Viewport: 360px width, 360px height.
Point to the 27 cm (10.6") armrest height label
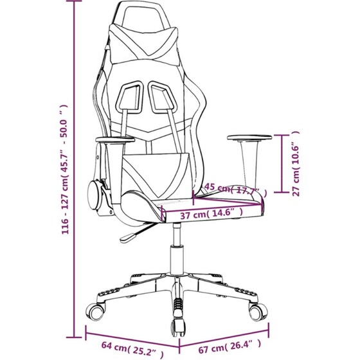[x=296, y=163]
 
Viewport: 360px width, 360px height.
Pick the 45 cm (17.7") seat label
[x=236, y=190]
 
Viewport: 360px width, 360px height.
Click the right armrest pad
[x=249, y=138]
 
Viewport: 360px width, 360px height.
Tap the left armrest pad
[x=115, y=139]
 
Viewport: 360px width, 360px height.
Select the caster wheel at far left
[x=96, y=312]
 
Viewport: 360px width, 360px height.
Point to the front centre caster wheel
[x=177, y=327]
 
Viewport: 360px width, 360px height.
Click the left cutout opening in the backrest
[x=129, y=98]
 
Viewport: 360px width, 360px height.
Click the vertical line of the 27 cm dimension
[x=282, y=163]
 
